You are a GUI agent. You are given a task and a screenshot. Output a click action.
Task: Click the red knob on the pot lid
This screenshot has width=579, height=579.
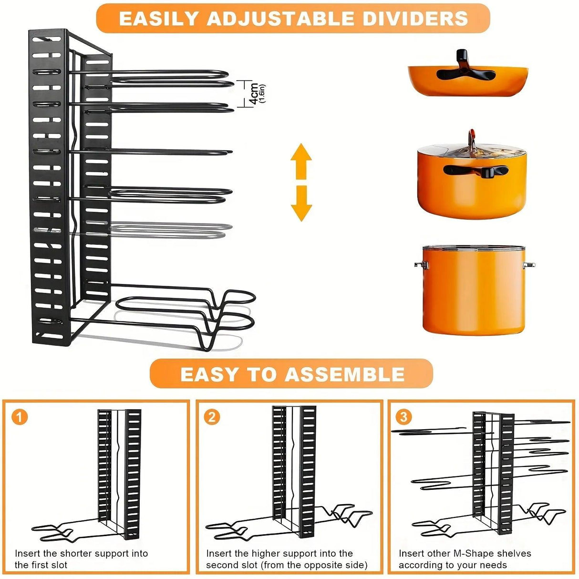[x=471, y=135]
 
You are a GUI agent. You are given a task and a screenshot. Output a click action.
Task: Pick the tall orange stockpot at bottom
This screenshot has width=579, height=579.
[x=474, y=291]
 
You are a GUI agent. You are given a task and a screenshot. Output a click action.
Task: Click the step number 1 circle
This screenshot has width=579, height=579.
[x=20, y=417]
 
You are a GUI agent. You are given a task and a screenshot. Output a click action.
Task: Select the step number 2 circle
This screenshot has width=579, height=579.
[x=212, y=417]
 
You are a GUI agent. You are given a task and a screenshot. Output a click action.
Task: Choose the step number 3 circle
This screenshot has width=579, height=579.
[x=403, y=417]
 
